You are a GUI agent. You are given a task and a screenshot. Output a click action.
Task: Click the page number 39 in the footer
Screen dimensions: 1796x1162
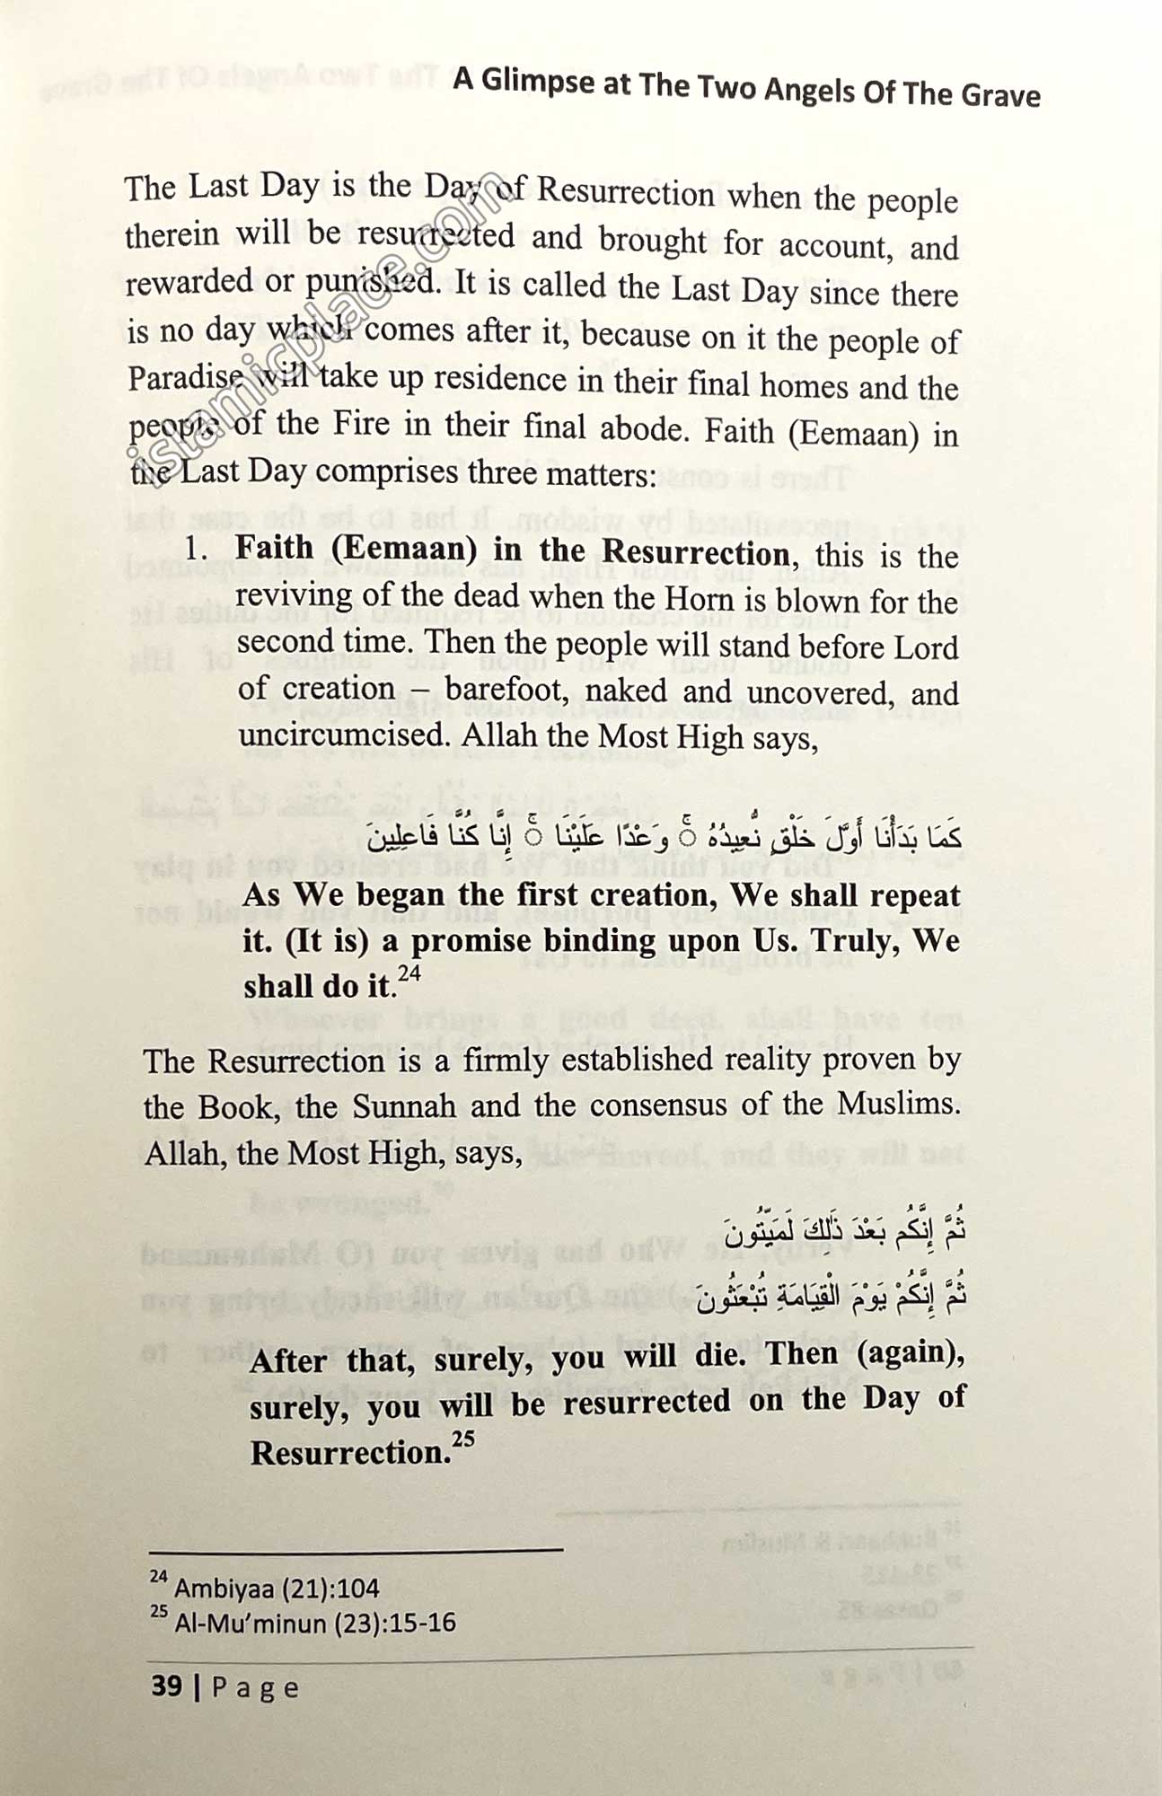(167, 1686)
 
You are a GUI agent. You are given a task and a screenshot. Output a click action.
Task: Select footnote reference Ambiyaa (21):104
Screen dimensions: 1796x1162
(277, 1588)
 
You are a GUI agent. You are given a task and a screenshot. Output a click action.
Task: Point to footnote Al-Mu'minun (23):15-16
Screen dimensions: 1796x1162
(314, 1623)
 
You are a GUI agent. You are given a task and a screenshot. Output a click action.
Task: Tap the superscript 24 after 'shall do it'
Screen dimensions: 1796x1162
(409, 973)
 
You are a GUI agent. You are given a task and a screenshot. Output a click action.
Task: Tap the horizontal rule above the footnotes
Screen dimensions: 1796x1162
(356, 1550)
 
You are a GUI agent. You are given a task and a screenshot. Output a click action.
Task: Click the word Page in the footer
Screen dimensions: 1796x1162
(255, 1687)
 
